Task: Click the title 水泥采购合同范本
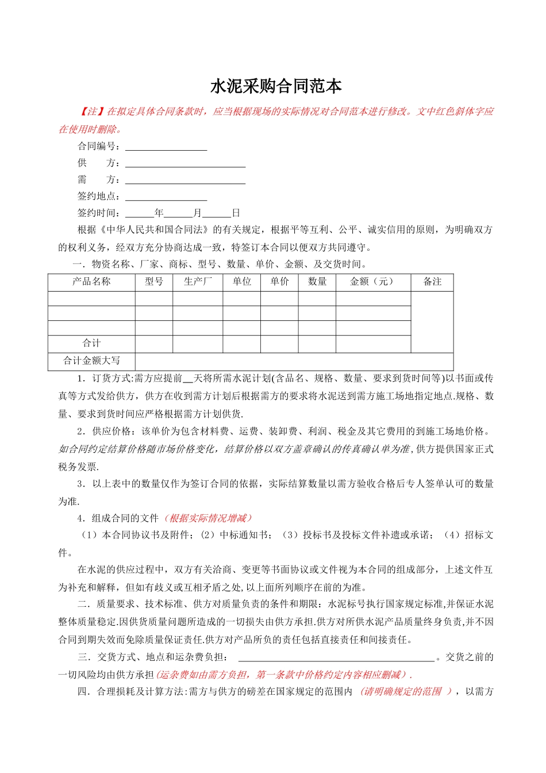pyautogui.click(x=276, y=87)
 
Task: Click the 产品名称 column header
pyautogui.click(x=91, y=282)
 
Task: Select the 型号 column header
pyautogui.click(x=154, y=282)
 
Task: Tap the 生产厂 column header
pyautogui.click(x=198, y=282)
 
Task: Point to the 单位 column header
pyautogui.click(x=242, y=282)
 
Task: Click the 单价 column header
pyautogui.click(x=279, y=282)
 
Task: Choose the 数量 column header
pyautogui.click(x=317, y=282)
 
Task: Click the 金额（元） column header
pyautogui.click(x=373, y=282)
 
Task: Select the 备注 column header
pyautogui.click(x=432, y=282)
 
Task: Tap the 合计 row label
pyautogui.click(x=91, y=343)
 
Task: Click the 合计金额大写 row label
pyautogui.click(x=91, y=361)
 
